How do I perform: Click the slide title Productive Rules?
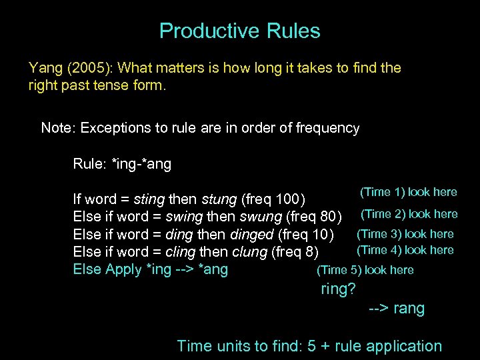(239, 31)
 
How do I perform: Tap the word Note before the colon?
(57, 128)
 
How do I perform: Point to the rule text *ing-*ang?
(142, 164)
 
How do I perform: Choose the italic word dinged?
(253, 235)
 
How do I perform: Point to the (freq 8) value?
(294, 252)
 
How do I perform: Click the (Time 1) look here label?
(408, 192)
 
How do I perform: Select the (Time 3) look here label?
(405, 234)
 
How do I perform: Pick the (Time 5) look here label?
(365, 270)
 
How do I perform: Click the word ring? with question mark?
(339, 289)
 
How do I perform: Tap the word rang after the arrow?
(409, 309)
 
